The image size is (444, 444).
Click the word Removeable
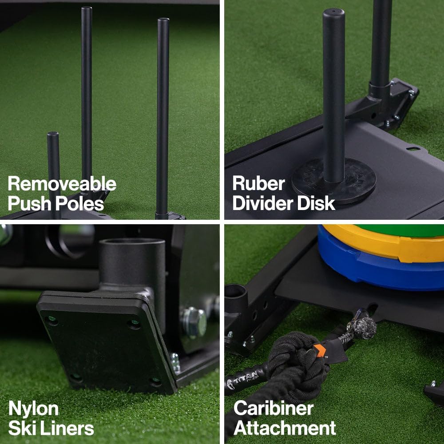tap(62, 183)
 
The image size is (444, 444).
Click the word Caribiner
tap(274, 408)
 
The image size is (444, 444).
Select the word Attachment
tap(285, 428)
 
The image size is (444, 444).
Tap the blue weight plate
tap(377, 271)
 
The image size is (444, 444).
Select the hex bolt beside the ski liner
tap(194, 321)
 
